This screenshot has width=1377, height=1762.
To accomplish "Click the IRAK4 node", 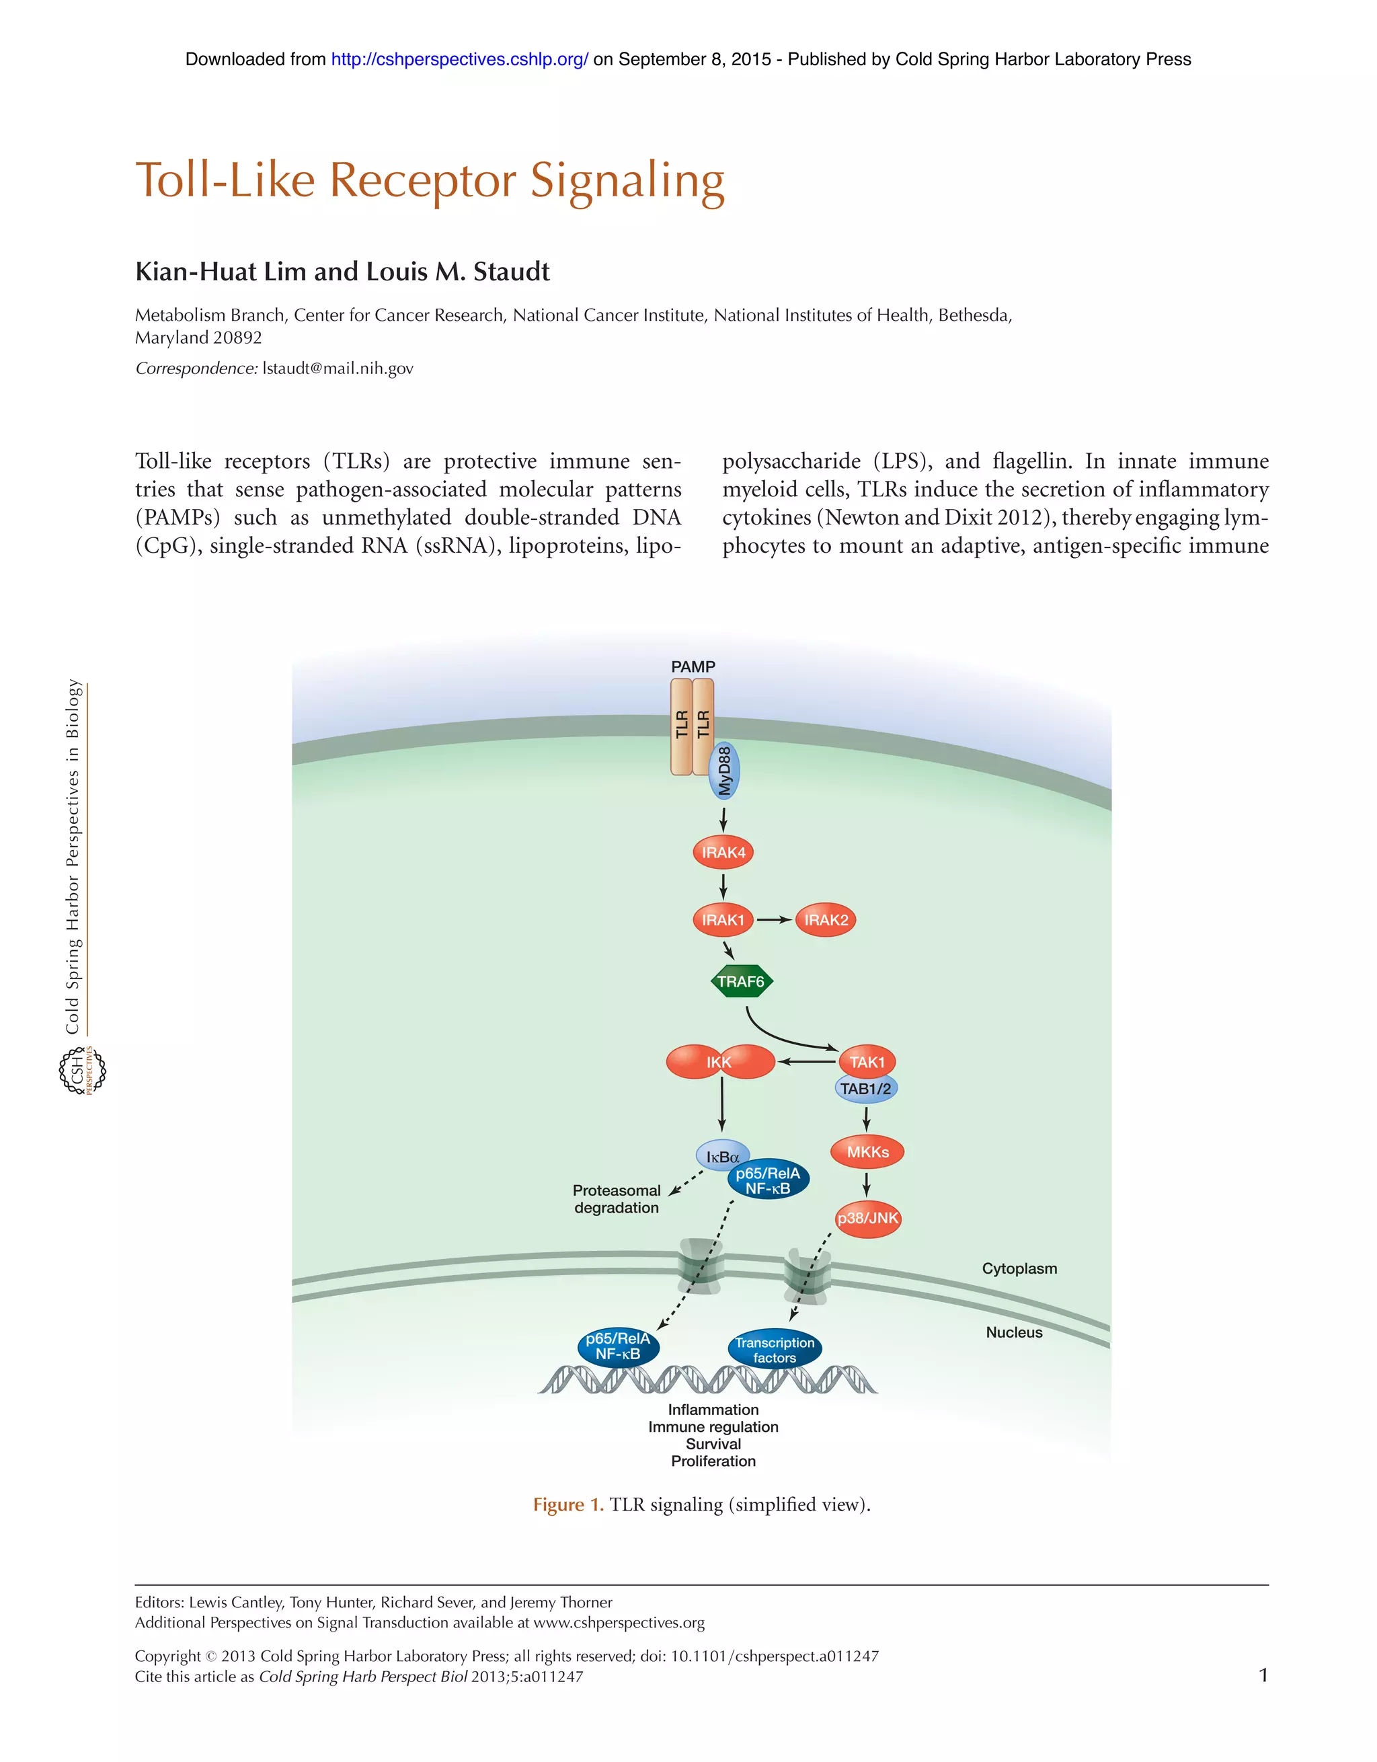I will coord(723,852).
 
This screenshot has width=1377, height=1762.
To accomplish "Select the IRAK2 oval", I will coord(825,920).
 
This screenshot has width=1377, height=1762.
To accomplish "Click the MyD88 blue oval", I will coord(724,771).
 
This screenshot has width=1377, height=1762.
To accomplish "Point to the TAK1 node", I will coord(867,1062).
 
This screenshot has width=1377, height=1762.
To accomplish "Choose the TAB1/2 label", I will coord(865,1089).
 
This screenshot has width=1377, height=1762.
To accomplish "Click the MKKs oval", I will coord(867,1152).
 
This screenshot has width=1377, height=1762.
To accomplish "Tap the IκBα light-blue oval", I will coord(721,1157).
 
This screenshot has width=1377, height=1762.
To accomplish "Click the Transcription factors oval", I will coord(775,1350).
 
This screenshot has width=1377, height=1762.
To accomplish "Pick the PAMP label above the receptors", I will coord(693,666).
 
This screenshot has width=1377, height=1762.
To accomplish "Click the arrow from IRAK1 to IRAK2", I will coord(774,920).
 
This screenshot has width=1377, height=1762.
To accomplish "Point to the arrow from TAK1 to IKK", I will coord(806,1062).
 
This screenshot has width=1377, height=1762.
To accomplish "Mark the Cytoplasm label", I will coord(1019,1268).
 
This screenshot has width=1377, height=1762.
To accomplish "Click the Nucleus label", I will coord(1014,1332).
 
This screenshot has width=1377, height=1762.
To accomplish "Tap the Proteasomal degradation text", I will coord(617,1199).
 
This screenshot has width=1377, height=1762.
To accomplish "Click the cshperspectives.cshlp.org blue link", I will coord(460,59).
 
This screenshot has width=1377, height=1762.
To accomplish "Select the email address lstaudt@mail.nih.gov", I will coord(338,369).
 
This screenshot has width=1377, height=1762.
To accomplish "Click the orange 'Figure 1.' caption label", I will coord(568,1504).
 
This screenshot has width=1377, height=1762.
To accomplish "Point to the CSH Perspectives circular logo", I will coord(82,1071).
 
